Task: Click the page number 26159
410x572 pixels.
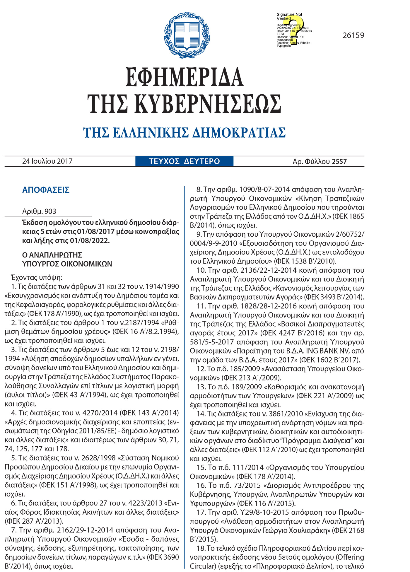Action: (353, 35)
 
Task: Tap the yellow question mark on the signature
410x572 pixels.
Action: (296, 29)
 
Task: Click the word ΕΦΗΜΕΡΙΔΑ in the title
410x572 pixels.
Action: (184, 77)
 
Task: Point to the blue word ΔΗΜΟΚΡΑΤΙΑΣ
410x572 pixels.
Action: (239, 133)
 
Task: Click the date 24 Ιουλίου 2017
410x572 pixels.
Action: (47, 161)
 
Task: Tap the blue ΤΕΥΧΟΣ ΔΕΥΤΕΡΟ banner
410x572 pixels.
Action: (184, 161)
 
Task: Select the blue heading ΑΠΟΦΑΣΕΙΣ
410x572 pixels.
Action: (46, 190)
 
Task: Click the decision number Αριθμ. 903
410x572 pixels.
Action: (39, 211)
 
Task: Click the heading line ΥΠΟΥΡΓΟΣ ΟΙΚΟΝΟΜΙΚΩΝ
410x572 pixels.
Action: (67, 264)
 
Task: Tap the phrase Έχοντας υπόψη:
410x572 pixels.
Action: (37, 277)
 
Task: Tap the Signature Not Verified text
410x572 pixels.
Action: (289, 16)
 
